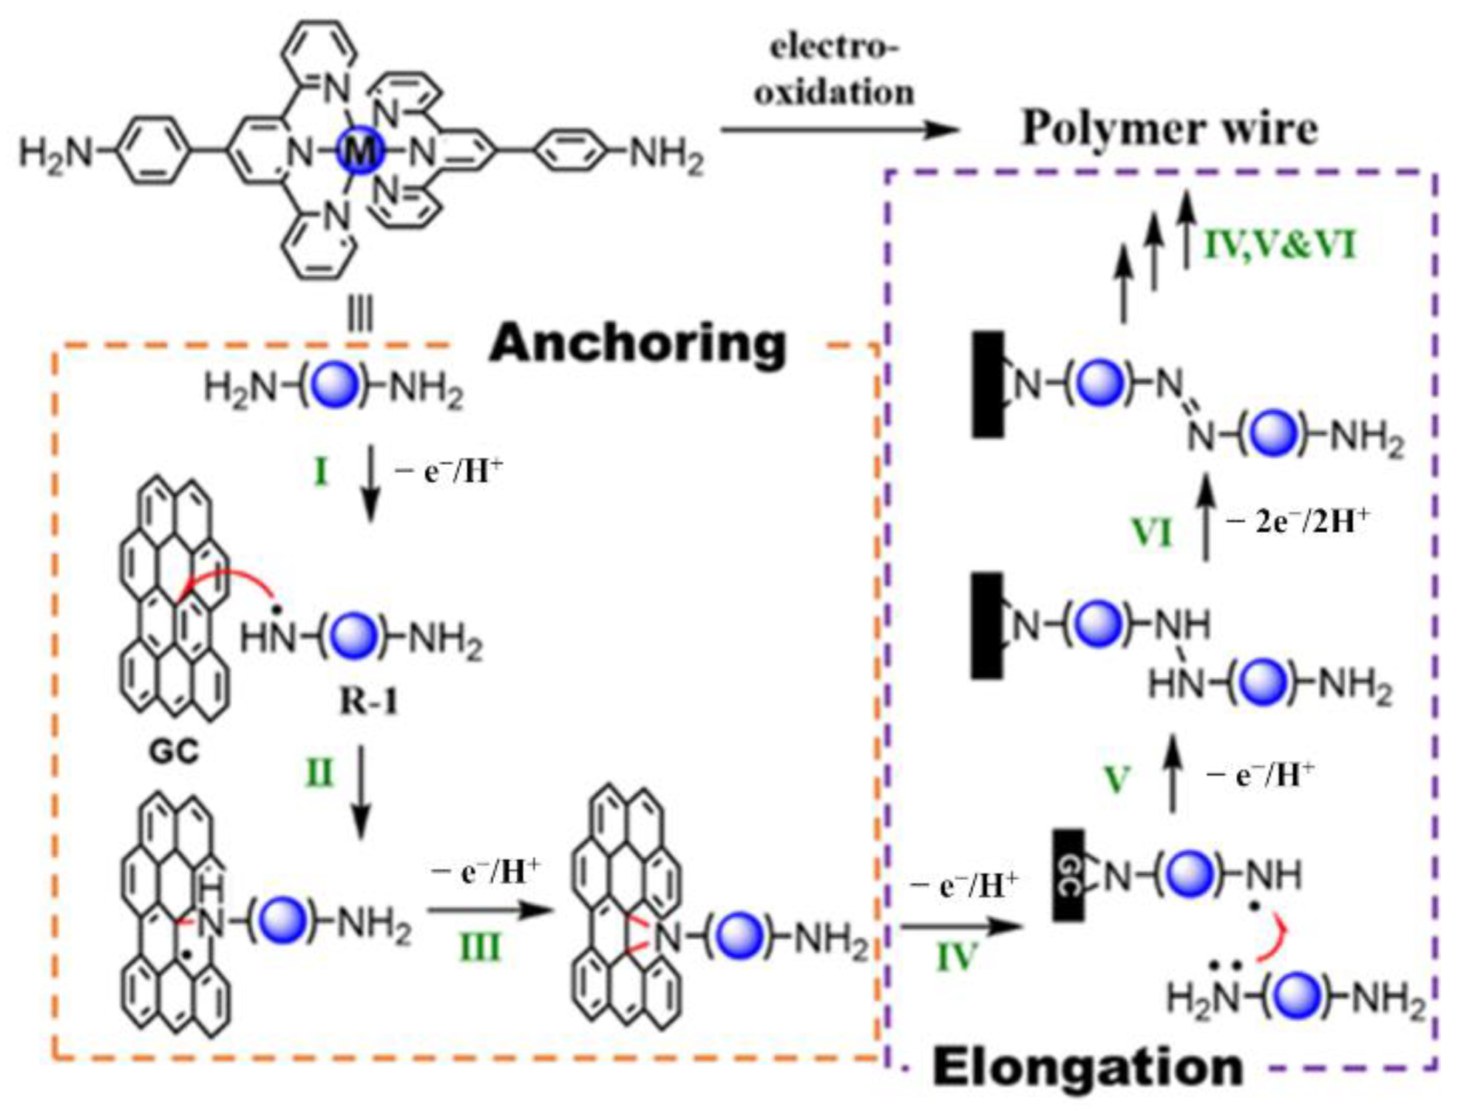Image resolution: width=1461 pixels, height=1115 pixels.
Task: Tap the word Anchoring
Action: pyautogui.click(x=637, y=344)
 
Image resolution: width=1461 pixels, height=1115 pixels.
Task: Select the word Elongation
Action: pyautogui.click(x=1088, y=1067)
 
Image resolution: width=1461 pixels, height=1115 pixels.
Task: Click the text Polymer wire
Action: pyautogui.click(x=1169, y=129)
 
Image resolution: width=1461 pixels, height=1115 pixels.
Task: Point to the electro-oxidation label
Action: pyautogui.click(x=834, y=70)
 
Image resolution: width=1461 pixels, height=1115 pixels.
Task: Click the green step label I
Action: pyautogui.click(x=320, y=471)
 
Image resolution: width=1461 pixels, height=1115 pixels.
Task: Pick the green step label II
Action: pyautogui.click(x=319, y=774)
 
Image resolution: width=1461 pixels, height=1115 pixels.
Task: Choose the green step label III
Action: pyautogui.click(x=480, y=947)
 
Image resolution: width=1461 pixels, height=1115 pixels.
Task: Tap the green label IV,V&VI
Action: pyautogui.click(x=1281, y=245)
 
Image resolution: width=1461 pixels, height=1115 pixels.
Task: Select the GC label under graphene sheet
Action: pyautogui.click(x=174, y=752)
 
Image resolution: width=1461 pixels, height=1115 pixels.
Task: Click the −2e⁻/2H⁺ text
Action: pyautogui.click(x=1298, y=522)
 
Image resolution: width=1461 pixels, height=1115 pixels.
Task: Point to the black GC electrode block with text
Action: pyautogui.click(x=1068, y=875)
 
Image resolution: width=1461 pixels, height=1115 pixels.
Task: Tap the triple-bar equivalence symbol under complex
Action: pyautogui.click(x=360, y=316)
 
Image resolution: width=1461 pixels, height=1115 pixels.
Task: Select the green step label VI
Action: pyautogui.click(x=1152, y=532)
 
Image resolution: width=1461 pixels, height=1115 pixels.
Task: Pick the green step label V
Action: pyautogui.click(x=1117, y=780)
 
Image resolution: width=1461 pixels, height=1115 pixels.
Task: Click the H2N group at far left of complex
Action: pyautogui.click(x=55, y=154)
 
